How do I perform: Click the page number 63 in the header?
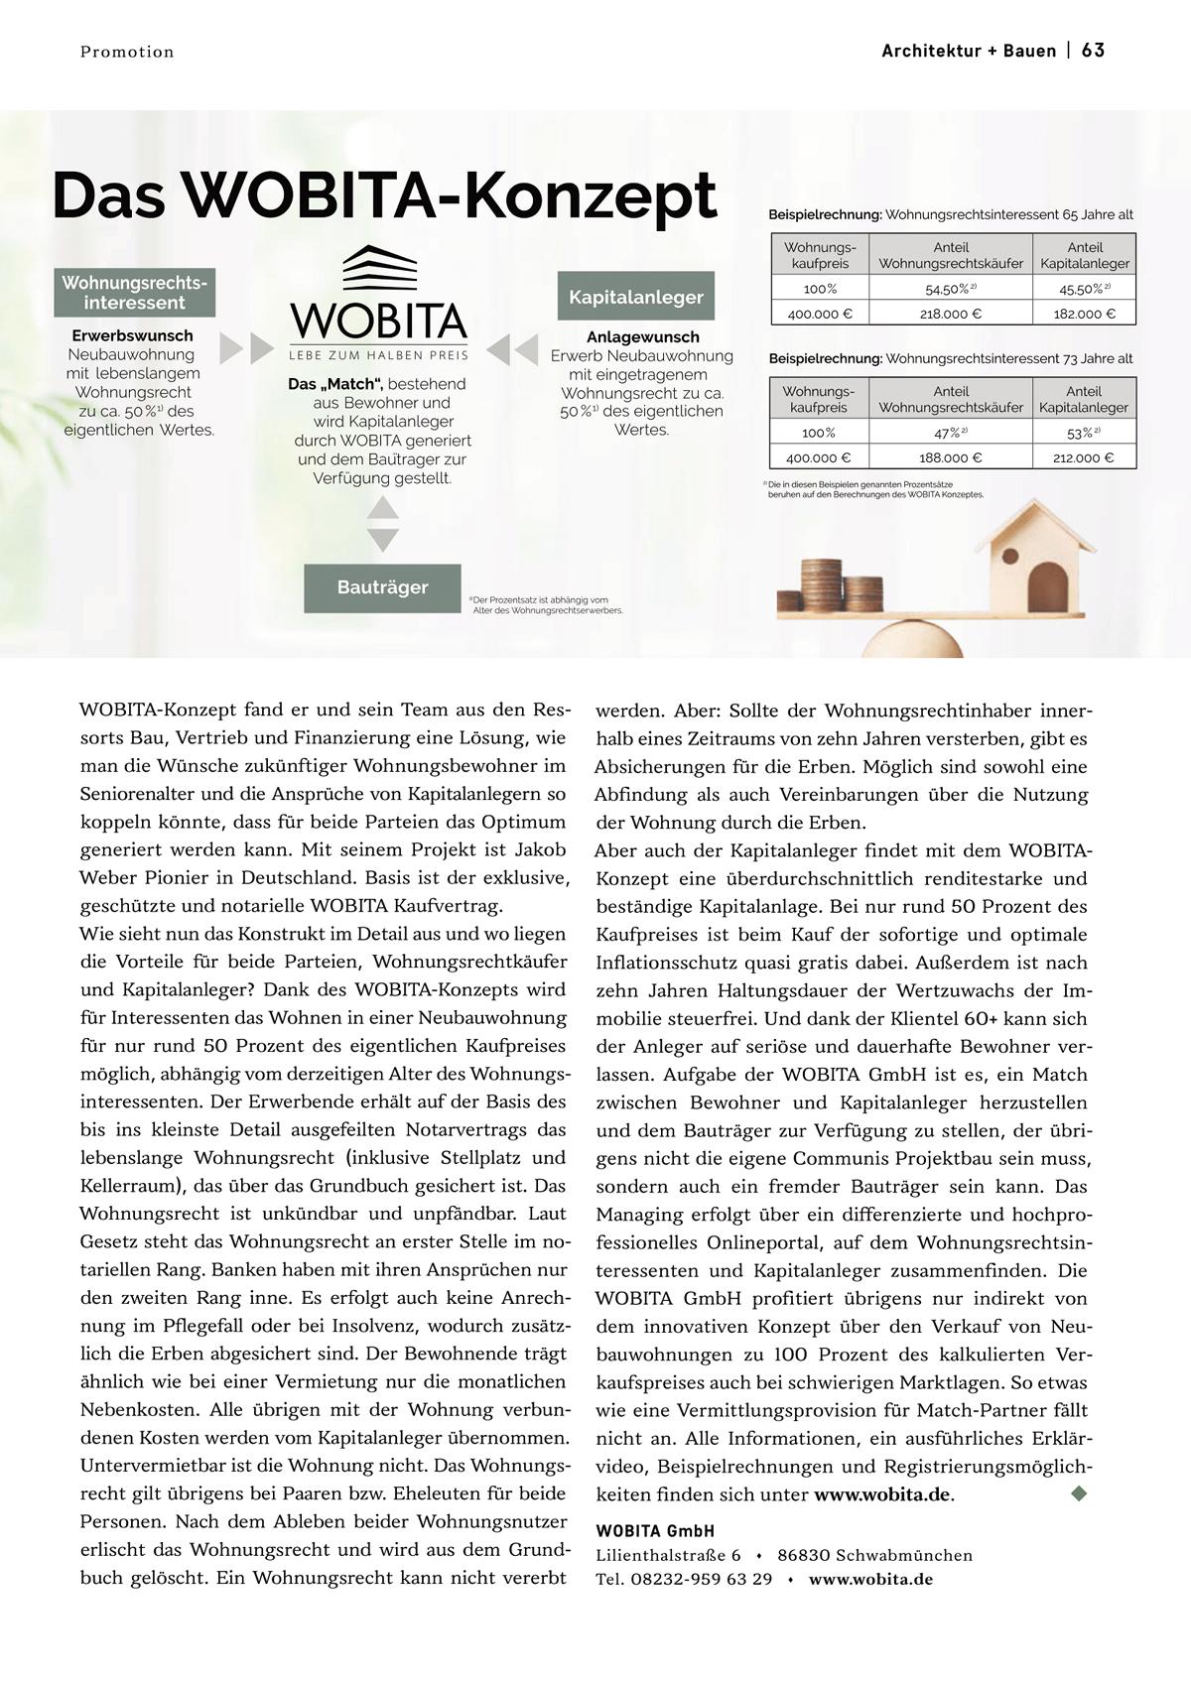tap(1093, 51)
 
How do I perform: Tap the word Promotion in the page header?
tap(127, 53)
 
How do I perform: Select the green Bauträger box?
tap(382, 587)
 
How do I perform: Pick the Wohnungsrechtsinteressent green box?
tap(135, 293)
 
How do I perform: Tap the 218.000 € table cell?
tap(950, 314)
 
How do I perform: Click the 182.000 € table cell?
tap(1084, 314)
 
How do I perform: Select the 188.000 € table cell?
tap(950, 457)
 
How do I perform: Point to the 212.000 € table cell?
tap(1083, 457)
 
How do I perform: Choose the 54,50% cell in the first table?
tap(950, 289)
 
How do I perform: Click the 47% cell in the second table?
tap(950, 433)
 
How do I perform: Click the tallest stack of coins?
tap(822, 584)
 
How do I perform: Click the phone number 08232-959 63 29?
tap(701, 1579)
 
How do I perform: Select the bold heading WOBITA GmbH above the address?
tap(655, 1531)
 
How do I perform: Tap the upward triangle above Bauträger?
tap(382, 508)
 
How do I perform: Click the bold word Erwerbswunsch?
tap(132, 335)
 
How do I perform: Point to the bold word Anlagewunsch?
tap(642, 336)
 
